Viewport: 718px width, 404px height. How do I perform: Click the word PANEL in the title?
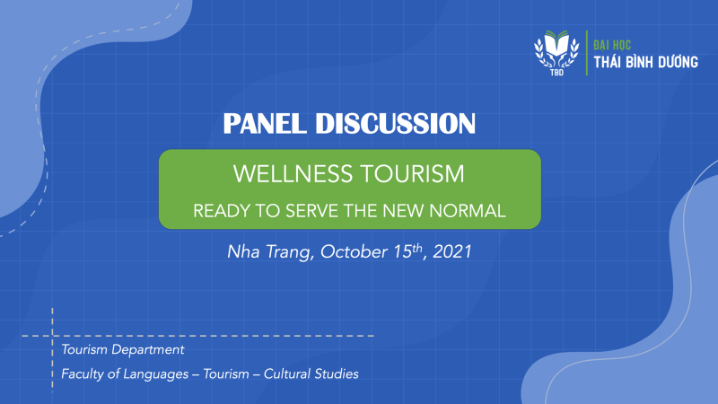[x=265, y=124]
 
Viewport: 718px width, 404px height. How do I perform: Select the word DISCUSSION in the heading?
[x=396, y=124]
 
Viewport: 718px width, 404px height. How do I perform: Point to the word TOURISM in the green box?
[x=412, y=174]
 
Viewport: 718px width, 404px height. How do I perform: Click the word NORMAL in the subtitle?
[x=468, y=211]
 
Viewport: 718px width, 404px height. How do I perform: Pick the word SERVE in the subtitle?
[x=312, y=211]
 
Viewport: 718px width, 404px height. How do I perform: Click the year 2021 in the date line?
[x=452, y=252]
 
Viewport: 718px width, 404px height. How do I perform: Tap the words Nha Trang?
[x=268, y=252]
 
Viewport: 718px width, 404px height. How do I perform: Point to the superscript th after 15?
[x=417, y=249]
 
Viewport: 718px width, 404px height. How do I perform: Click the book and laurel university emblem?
[x=556, y=50]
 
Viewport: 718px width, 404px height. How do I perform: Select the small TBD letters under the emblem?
[x=556, y=73]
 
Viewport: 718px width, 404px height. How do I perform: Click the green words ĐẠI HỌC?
[x=612, y=45]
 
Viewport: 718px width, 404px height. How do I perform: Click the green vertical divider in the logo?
[x=587, y=53]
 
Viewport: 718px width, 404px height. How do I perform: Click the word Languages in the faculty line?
[x=156, y=374]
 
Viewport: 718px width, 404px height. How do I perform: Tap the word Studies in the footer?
[x=336, y=373]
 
